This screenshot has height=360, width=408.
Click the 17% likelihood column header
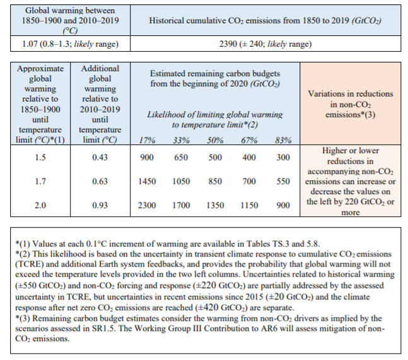[x=147, y=140]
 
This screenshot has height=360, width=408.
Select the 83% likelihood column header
[x=283, y=140]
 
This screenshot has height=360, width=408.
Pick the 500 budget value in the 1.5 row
[x=215, y=158]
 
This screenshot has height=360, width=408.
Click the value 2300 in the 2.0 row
[x=147, y=206]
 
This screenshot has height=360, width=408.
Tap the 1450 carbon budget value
[x=147, y=182]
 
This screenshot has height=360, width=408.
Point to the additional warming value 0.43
[x=100, y=158]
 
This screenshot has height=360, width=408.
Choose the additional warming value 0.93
[x=100, y=206]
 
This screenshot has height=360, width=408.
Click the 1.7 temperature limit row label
[x=40, y=182]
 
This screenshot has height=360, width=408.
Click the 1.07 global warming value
[x=30, y=44]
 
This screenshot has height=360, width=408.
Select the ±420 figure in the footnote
[x=208, y=308]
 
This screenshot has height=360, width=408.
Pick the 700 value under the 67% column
[x=249, y=182]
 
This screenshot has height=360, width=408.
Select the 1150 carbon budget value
[x=249, y=206]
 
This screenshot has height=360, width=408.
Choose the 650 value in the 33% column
[x=181, y=158]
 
